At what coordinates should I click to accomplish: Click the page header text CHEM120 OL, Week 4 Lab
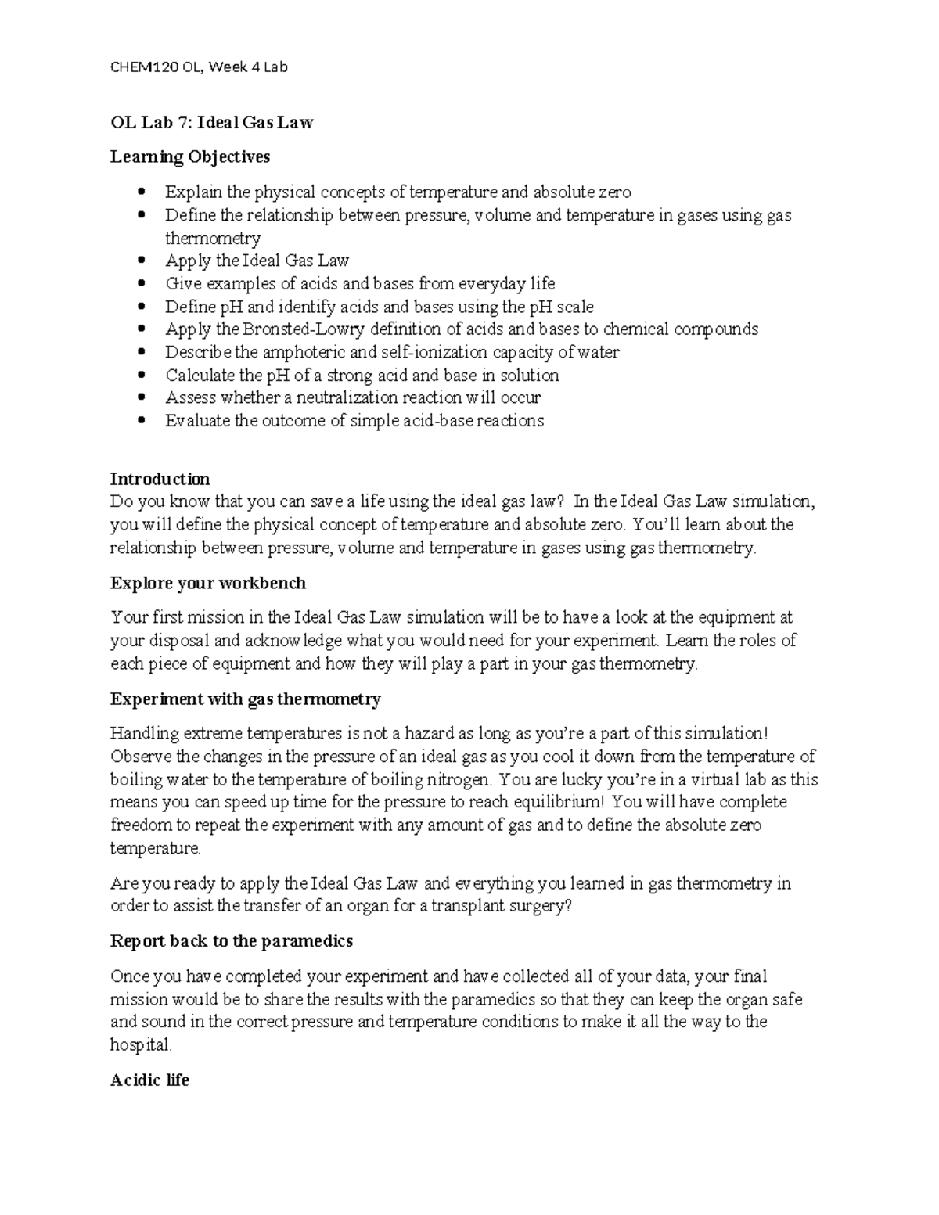point(199,67)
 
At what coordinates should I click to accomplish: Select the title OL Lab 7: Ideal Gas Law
point(211,122)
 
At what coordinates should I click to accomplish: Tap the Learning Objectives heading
point(190,156)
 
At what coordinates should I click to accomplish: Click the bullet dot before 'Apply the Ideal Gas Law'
point(141,261)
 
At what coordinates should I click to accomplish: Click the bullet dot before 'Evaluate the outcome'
point(141,421)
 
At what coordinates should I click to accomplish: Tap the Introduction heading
point(160,479)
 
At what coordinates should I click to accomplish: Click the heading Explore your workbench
point(207,584)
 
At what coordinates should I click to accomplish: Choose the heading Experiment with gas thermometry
point(245,699)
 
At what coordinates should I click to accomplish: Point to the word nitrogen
point(458,779)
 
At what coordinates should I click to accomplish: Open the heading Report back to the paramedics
point(231,941)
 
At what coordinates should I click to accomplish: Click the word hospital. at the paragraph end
point(140,1044)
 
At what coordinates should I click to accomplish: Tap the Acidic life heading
point(149,1080)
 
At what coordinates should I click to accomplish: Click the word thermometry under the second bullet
point(212,238)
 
